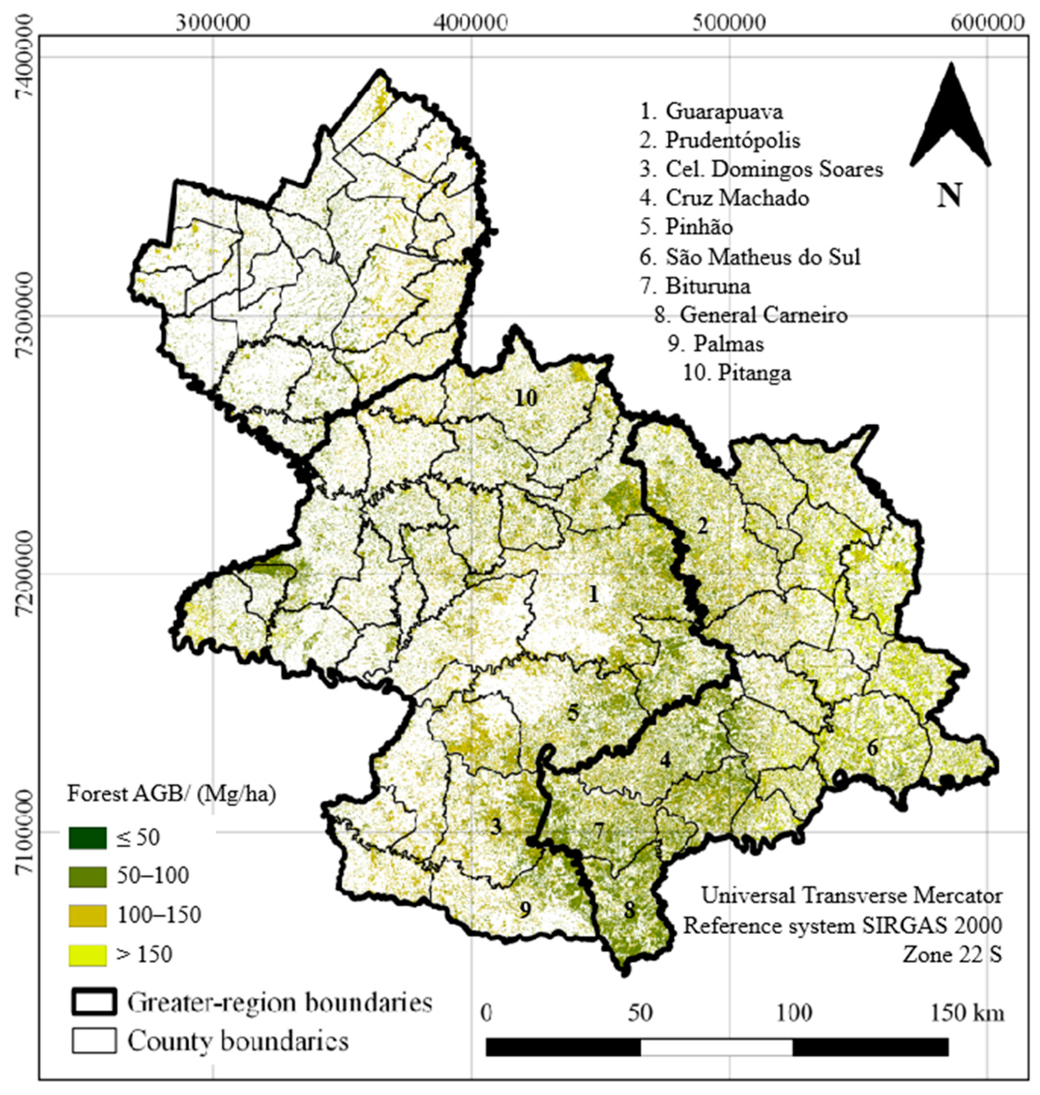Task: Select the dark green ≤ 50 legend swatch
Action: [x=88, y=838]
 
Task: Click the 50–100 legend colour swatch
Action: [x=88, y=877]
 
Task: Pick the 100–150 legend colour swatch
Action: [x=88, y=916]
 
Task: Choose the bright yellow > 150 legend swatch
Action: [x=88, y=955]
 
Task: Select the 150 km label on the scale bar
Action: [x=967, y=1014]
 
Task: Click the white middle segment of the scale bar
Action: [x=716, y=1047]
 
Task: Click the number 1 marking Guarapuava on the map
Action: [x=594, y=595]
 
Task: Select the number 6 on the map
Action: [x=872, y=748]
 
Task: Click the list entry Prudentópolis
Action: [x=732, y=140]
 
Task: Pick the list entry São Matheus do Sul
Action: [x=762, y=257]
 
